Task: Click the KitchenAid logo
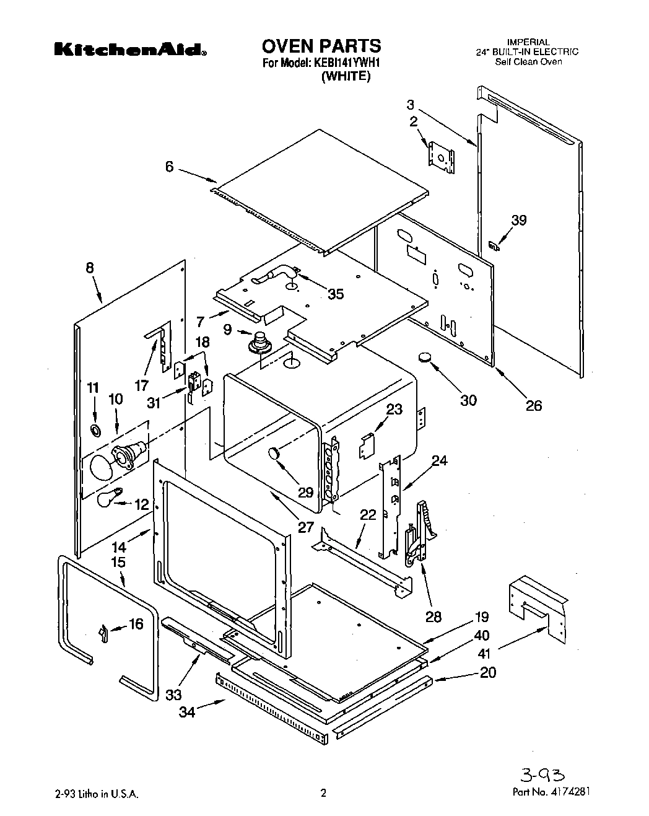[129, 50]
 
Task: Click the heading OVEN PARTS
[321, 45]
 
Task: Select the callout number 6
[169, 167]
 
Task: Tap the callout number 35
[335, 294]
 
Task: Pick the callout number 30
[469, 400]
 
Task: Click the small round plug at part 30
[424, 357]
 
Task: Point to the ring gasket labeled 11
[95, 430]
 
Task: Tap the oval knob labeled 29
[274, 454]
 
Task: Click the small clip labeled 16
[103, 633]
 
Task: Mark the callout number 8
[90, 268]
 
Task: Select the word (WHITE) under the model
[345, 77]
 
